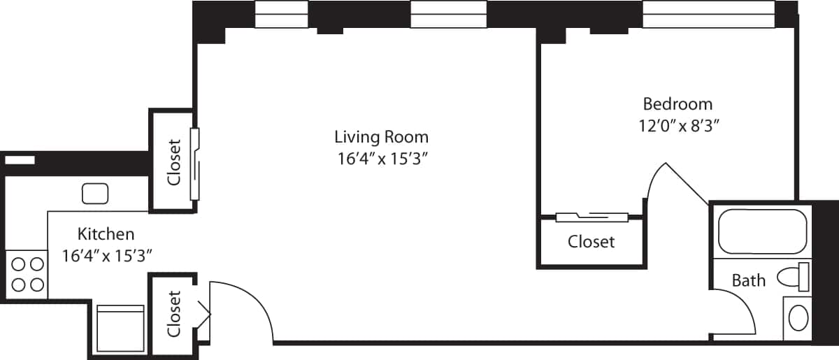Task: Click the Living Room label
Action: (x=381, y=136)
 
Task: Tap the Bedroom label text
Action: (x=677, y=104)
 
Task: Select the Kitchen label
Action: (x=106, y=233)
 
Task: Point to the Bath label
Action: (x=748, y=281)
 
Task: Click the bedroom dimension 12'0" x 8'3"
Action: (x=677, y=126)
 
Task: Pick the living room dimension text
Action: (x=381, y=159)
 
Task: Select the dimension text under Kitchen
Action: (x=106, y=255)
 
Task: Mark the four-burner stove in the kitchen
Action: (x=27, y=274)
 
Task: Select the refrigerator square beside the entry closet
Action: (x=120, y=329)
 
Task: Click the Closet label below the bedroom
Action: (x=591, y=242)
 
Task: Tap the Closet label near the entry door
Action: (x=174, y=313)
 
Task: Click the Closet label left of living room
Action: (x=174, y=161)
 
